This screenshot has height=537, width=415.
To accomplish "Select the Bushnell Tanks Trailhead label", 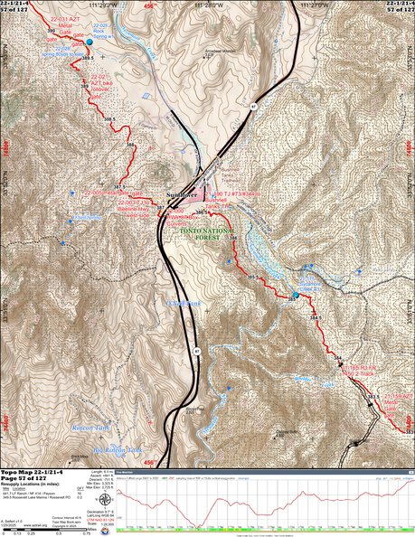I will click(238, 163).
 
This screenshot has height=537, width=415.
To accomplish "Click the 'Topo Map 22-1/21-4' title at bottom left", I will click(32, 472).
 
